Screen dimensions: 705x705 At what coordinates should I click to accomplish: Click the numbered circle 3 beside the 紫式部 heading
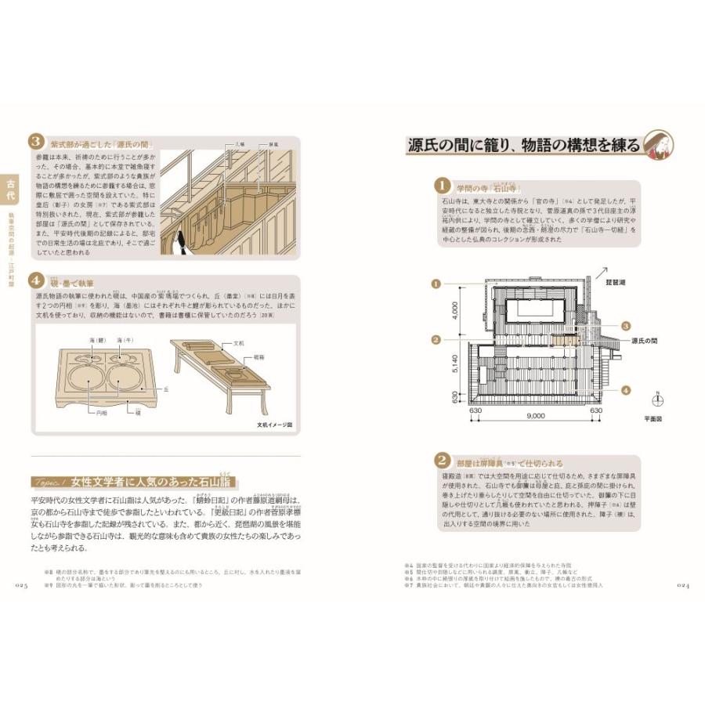(36, 143)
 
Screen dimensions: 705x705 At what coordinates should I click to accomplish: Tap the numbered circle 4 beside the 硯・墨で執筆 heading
(36, 280)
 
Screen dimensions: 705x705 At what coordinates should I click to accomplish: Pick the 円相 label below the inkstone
(101, 411)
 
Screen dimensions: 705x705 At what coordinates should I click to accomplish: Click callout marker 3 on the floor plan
(625, 325)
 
